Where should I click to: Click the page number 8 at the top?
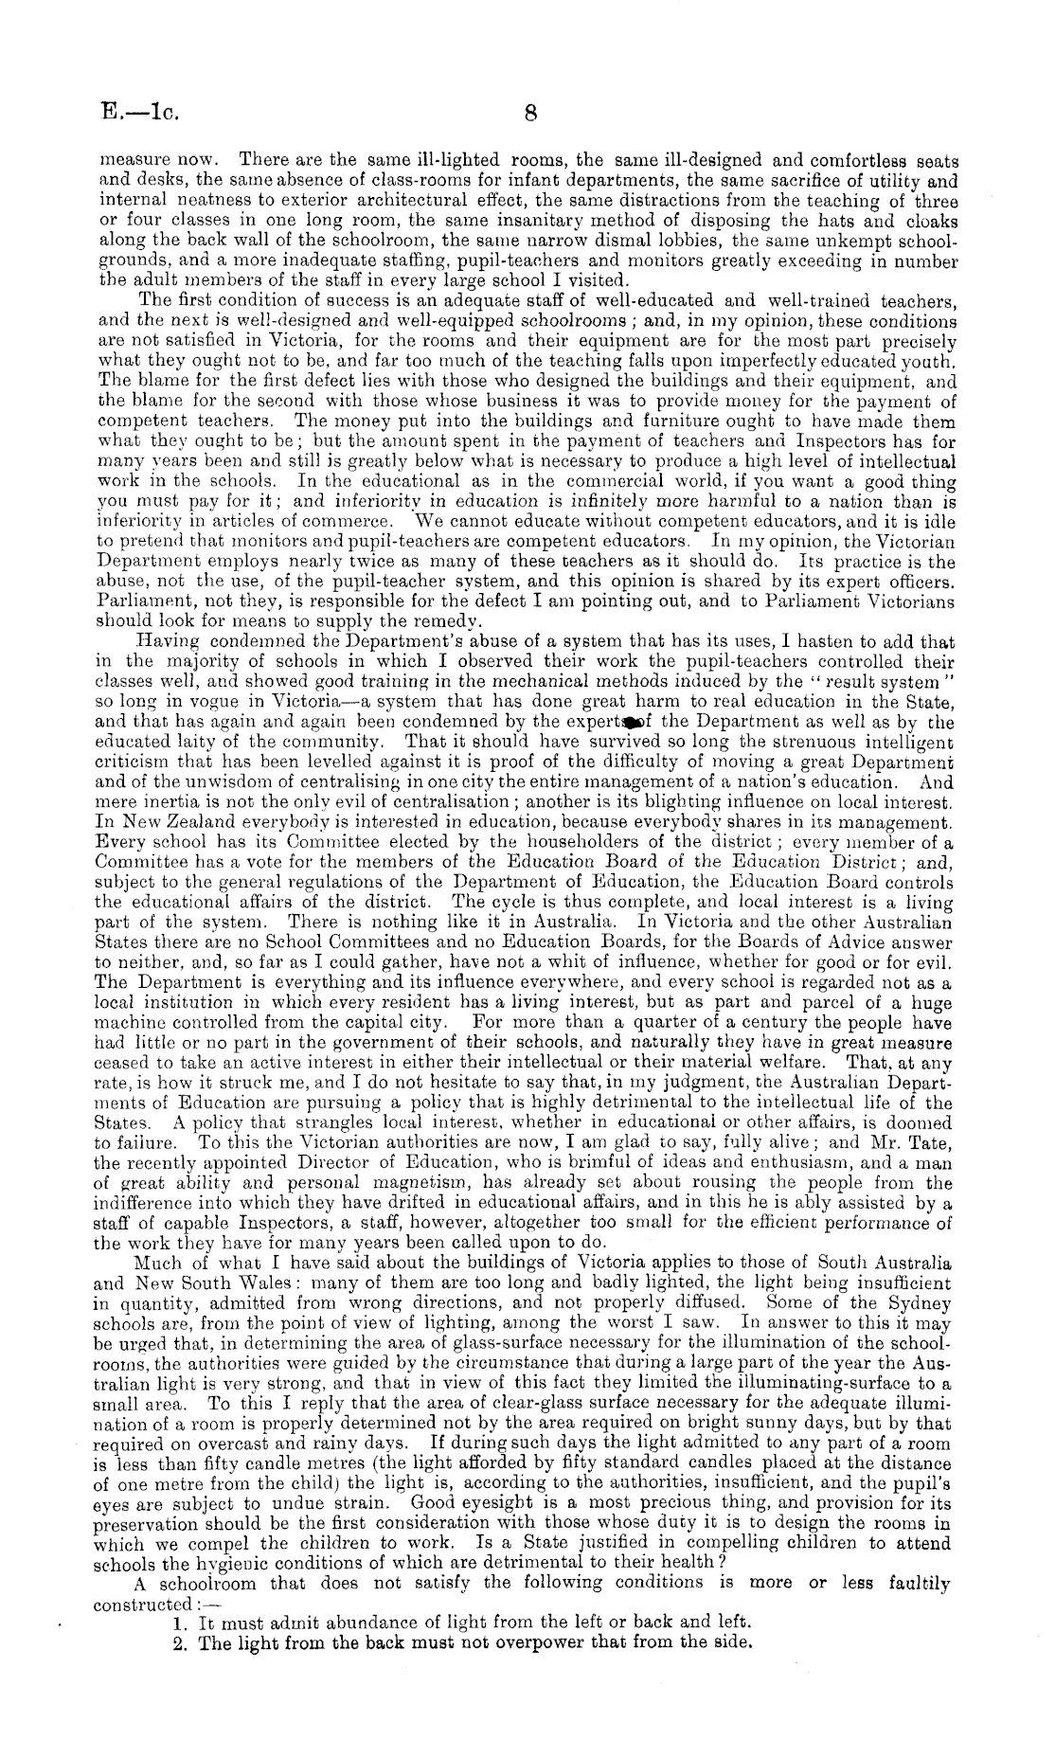coord(531,115)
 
